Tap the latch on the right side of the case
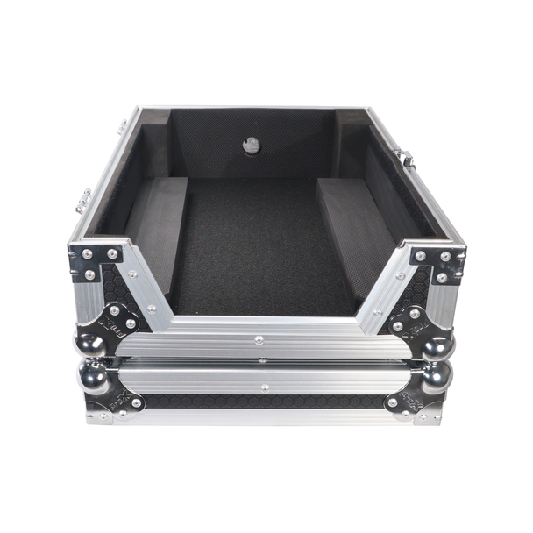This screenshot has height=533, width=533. (x=404, y=160)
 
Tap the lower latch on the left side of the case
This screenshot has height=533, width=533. (x=83, y=200)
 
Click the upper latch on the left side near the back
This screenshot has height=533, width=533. (x=122, y=126)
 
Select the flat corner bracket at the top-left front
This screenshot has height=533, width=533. (x=94, y=260)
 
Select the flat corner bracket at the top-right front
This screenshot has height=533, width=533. (x=438, y=262)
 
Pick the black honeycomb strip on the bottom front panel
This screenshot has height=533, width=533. (x=263, y=402)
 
